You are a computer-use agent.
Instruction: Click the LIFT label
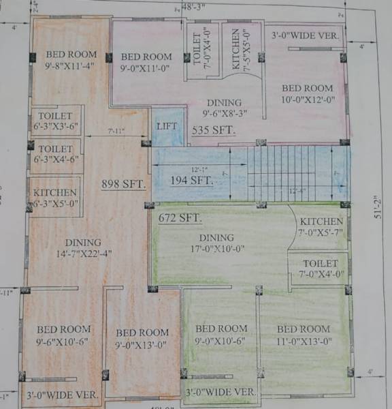point(167,126)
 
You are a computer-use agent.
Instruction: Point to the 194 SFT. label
point(191,181)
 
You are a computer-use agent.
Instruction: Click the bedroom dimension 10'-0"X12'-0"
point(308,99)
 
